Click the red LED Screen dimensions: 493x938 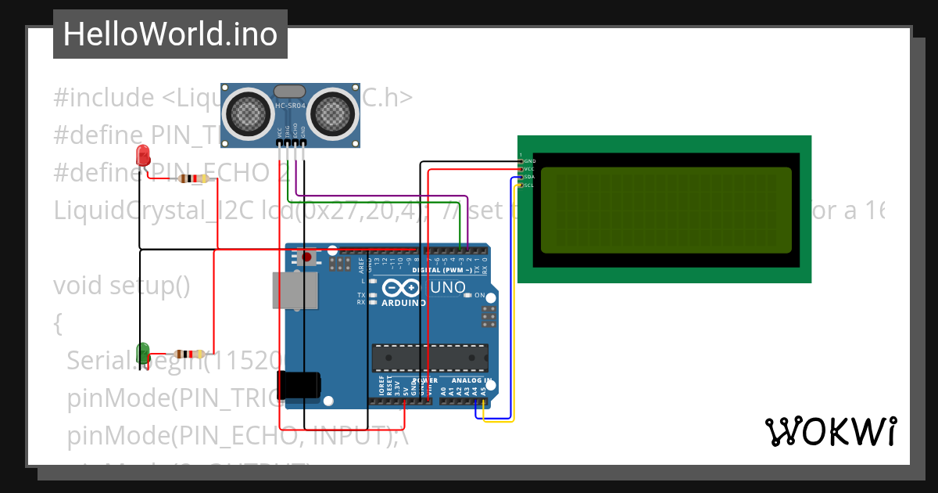143,154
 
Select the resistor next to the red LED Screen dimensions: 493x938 193,178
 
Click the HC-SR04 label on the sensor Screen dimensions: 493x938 290,106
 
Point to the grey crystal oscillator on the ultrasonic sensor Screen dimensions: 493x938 290,92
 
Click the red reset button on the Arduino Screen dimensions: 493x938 307,257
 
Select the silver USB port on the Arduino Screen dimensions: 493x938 295,290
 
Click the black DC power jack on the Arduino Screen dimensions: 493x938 300,384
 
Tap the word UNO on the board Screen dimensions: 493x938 448,287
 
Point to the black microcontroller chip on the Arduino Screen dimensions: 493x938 429,356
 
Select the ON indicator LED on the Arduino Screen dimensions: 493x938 467,296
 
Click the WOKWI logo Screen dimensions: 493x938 830,431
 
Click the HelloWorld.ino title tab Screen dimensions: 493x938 170,34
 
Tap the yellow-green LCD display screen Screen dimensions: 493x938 665,210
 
